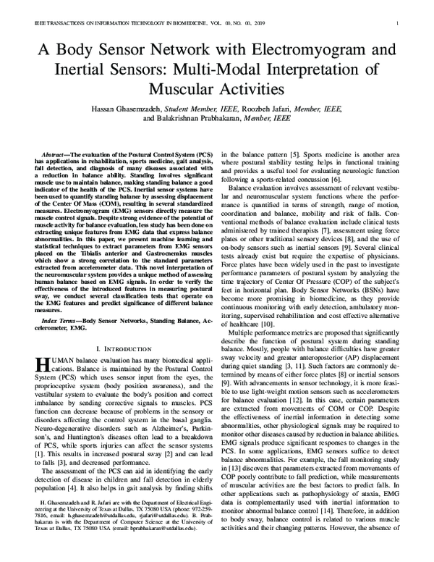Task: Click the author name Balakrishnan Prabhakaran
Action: tap(194, 117)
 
